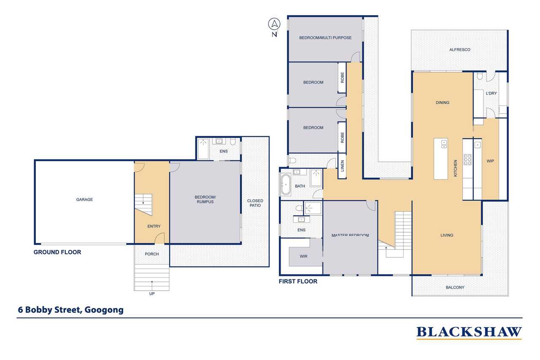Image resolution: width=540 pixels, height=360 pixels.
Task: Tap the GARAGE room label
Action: click(84, 199)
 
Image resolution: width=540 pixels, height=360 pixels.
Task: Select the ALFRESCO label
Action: click(460, 50)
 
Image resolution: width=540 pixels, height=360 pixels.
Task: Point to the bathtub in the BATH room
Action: click(286, 185)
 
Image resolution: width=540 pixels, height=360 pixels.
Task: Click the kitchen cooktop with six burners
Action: click(467, 160)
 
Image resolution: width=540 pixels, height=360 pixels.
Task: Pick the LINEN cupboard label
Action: click(342, 166)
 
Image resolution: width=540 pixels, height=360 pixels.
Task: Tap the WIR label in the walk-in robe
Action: click(303, 256)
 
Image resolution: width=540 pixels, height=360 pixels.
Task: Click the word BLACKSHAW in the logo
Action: click(469, 332)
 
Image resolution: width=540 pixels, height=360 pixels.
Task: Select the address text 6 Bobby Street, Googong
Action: click(70, 310)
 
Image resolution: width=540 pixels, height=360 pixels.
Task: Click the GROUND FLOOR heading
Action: click(57, 252)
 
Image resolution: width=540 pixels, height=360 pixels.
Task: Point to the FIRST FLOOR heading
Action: click(298, 282)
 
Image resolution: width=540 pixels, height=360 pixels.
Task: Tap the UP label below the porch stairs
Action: click(152, 294)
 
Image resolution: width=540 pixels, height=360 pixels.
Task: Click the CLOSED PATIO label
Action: click(255, 203)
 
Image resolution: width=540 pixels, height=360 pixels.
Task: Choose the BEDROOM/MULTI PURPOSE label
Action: click(325, 38)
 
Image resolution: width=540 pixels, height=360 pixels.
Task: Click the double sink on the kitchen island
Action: click(444, 144)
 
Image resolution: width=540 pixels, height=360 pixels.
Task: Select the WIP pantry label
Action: click(490, 161)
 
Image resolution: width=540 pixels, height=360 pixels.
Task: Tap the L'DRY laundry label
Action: click(491, 93)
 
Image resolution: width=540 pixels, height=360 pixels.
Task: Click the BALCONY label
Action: click(455, 287)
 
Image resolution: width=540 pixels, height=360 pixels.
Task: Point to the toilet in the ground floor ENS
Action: click(232, 141)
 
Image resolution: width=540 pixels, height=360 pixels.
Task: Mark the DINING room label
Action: click(443, 103)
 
